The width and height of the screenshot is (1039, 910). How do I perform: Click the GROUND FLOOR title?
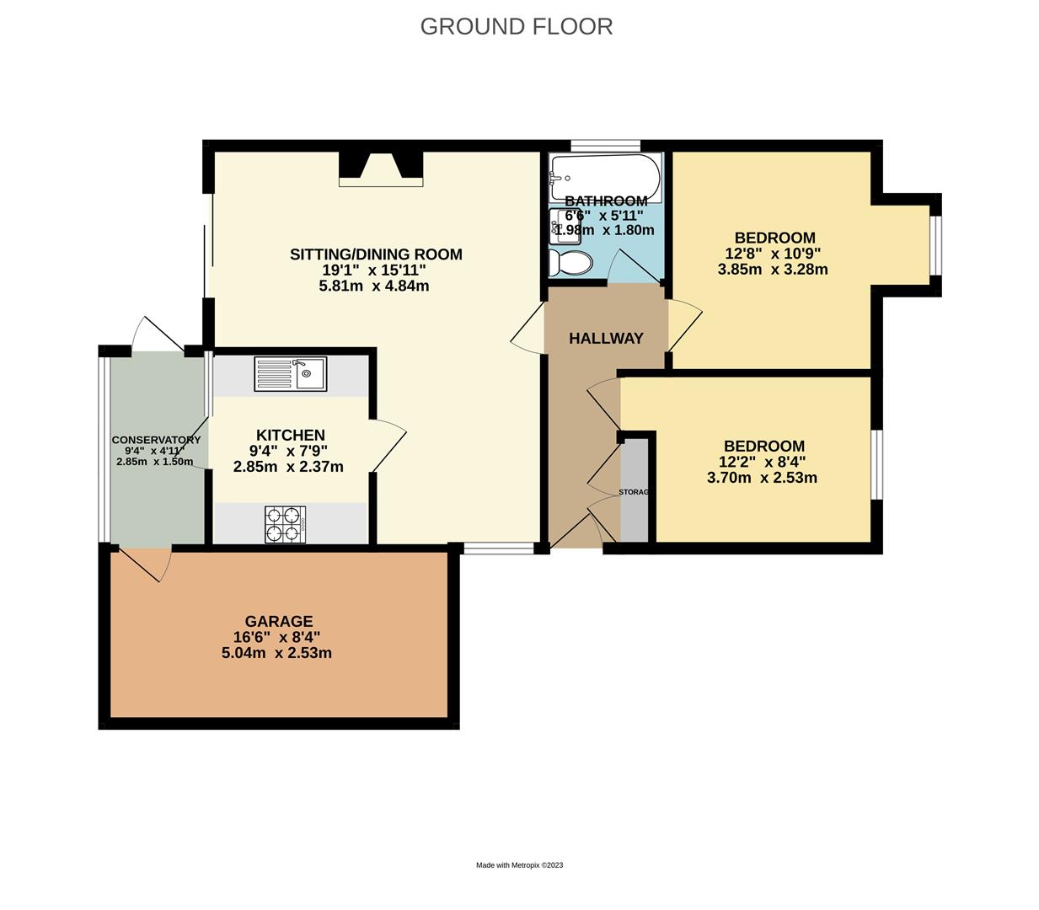click(x=516, y=26)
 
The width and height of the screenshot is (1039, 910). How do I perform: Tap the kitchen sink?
click(x=291, y=373)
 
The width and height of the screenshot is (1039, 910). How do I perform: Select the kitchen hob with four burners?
click(x=286, y=524)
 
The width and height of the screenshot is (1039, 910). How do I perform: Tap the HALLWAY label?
click(x=606, y=339)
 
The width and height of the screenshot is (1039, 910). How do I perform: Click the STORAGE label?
click(x=635, y=492)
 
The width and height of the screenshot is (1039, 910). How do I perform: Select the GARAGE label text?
click(x=279, y=622)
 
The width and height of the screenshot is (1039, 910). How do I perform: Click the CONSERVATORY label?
click(x=156, y=440)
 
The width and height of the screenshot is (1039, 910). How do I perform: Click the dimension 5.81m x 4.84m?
click(x=374, y=286)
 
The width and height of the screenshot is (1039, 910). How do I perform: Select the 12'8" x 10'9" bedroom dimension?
click(x=773, y=254)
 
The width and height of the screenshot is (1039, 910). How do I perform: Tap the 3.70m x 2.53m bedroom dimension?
click(x=762, y=478)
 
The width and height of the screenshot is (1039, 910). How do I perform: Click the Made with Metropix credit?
click(x=519, y=865)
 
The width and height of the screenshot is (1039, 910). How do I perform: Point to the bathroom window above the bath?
click(x=605, y=145)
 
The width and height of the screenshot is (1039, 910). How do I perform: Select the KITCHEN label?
click(x=291, y=435)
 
